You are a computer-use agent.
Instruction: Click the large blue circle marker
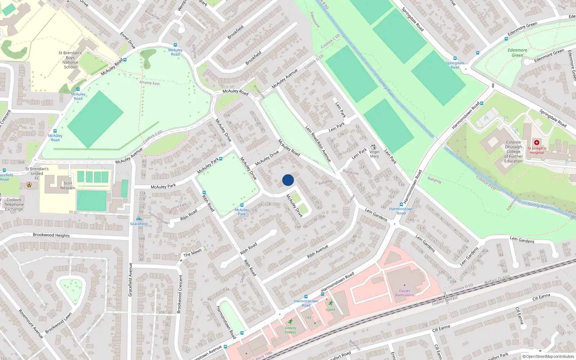click(288, 180)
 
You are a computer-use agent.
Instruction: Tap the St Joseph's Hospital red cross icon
click(536, 143)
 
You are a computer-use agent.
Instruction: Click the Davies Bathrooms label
click(404, 293)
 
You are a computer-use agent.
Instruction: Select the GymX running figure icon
click(330, 303)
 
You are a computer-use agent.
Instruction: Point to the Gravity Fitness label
click(290, 330)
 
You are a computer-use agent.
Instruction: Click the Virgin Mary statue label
click(374, 154)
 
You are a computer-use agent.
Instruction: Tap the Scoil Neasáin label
click(68, 185)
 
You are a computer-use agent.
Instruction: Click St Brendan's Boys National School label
click(70, 60)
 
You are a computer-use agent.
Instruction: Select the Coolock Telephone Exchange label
click(14, 204)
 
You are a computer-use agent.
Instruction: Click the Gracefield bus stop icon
click(139, 219)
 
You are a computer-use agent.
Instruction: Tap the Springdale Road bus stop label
click(455, 65)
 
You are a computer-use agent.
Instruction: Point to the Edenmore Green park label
click(517, 53)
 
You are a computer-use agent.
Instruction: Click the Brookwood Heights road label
click(51, 235)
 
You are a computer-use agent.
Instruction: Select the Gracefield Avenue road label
click(130, 280)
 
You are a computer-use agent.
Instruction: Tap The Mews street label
click(192, 253)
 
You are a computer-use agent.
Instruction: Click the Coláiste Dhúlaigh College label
click(513, 152)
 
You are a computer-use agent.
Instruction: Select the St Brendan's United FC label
click(37, 173)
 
